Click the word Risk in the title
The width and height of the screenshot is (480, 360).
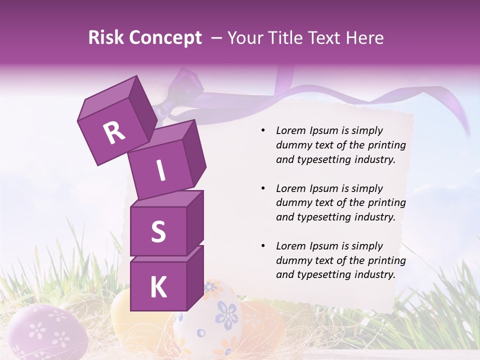[x=106, y=38]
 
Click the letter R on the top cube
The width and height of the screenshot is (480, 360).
[x=114, y=133]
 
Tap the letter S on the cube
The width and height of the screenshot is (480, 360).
[x=158, y=231]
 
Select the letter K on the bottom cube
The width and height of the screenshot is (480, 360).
[x=158, y=287]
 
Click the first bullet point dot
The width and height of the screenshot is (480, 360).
[x=263, y=131]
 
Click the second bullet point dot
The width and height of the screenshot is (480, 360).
[x=263, y=189]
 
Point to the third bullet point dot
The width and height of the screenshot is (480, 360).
[x=263, y=246]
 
